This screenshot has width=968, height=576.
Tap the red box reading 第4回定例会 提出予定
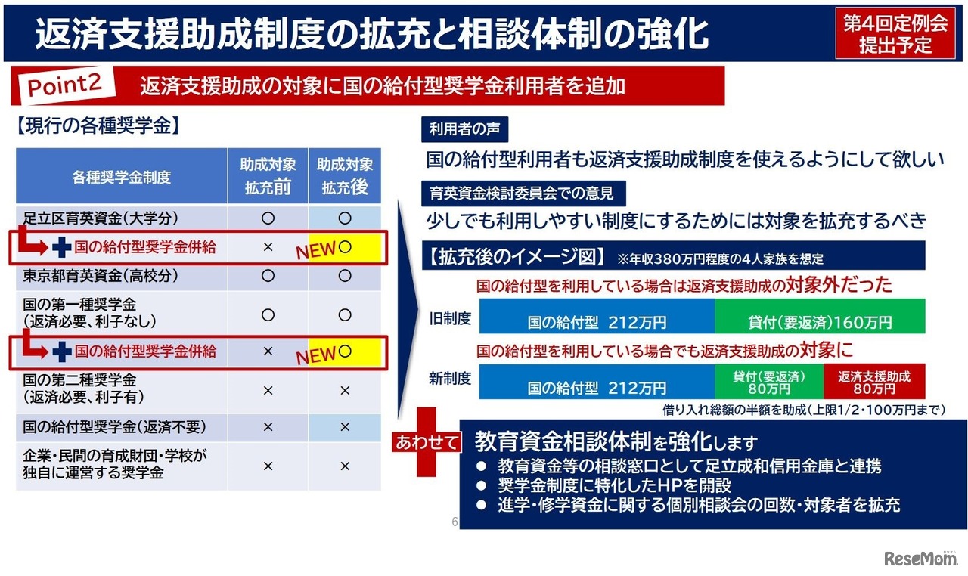[x=895, y=34]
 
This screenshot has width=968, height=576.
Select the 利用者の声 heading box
[x=464, y=129]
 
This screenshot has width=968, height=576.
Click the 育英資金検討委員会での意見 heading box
[x=517, y=193]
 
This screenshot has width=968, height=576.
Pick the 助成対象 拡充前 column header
[x=268, y=176]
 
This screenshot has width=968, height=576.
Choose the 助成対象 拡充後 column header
[x=345, y=176]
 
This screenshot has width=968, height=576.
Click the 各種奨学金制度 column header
[x=122, y=178]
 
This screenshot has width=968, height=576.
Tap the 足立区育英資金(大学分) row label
[x=101, y=218]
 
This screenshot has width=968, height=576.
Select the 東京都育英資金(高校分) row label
[x=101, y=276]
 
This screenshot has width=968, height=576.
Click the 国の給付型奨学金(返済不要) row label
[x=114, y=427]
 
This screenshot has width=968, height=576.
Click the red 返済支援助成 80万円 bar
[x=874, y=382]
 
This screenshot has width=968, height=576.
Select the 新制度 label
[x=450, y=379]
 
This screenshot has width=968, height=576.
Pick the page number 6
[x=455, y=522]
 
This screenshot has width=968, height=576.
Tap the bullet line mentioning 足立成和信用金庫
[x=689, y=466]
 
